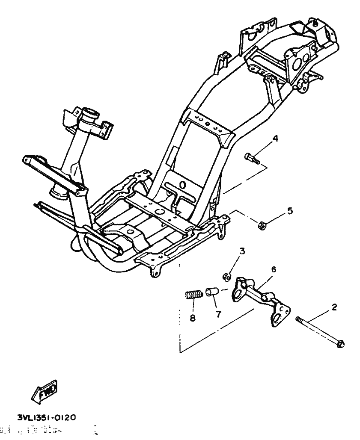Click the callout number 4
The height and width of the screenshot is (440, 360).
point(276,139)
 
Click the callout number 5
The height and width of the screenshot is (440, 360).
point(291,210)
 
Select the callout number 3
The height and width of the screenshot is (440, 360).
point(242,251)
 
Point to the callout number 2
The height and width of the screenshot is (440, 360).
point(334,307)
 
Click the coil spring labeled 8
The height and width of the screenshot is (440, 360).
point(193,295)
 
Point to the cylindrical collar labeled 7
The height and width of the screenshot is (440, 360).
point(212,293)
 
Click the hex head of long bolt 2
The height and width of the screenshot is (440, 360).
point(341,343)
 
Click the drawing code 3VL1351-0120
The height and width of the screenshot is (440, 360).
point(41,416)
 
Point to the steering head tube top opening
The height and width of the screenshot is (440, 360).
point(92,115)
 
